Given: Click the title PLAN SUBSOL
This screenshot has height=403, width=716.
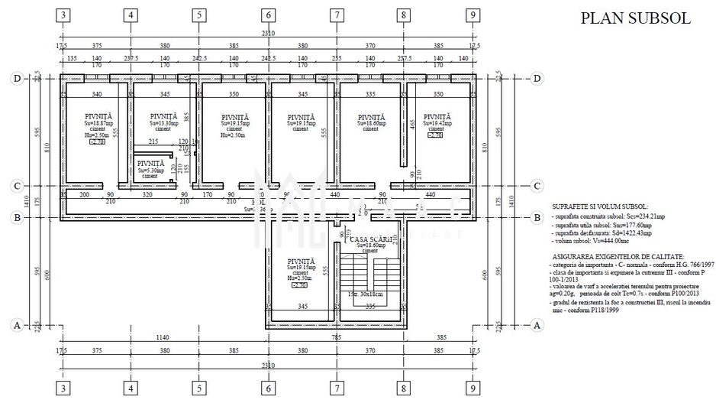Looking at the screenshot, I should click(x=635, y=18).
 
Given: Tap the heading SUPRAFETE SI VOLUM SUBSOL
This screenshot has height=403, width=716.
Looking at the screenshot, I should click(x=599, y=207).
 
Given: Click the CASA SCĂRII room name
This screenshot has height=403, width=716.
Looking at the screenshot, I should click(x=370, y=239).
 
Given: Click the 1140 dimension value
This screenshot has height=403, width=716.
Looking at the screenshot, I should click(x=162, y=337).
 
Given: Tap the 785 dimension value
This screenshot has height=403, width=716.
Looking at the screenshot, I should click(x=334, y=337).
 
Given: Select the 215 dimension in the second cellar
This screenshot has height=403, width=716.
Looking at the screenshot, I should click(x=153, y=141).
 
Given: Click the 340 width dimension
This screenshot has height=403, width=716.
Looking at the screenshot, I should click(x=96, y=94).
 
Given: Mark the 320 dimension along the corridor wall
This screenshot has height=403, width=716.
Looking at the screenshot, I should click(x=147, y=195).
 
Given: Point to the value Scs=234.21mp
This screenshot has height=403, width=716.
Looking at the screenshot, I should click(x=626, y=217).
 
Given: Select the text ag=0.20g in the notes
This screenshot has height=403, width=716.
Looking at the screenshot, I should click(x=566, y=292).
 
